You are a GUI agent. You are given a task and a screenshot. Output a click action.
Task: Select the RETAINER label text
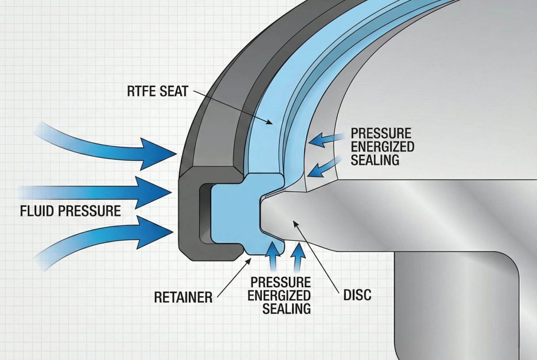[183, 297]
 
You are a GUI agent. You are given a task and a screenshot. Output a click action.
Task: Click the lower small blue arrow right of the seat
[319, 169]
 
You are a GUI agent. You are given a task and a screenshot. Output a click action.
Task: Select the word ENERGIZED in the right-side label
[382, 145]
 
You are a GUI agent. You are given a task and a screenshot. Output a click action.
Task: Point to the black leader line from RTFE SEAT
[231, 107]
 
